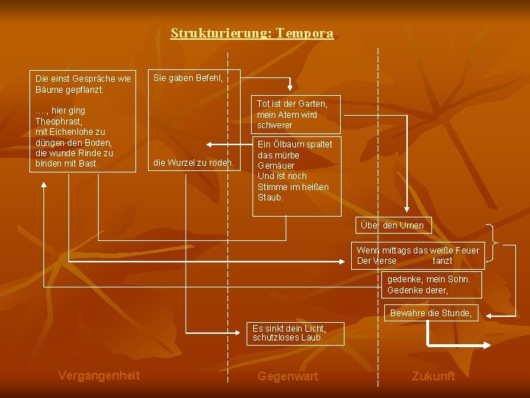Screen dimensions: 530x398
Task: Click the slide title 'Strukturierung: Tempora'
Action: [252, 33]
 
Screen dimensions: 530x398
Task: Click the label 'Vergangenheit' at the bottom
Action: [99, 375]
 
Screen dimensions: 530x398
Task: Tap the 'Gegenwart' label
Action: [288, 376]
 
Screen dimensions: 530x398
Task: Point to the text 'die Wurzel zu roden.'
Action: [193, 162]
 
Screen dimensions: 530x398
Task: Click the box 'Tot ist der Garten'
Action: [292, 114]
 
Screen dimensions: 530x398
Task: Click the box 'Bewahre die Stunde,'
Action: [431, 313]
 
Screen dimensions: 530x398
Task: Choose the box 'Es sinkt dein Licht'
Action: [288, 333]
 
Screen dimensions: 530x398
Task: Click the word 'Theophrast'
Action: [58, 121]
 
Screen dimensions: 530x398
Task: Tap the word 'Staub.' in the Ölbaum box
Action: [271, 198]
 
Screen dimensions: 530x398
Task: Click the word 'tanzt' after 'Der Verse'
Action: [443, 261]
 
